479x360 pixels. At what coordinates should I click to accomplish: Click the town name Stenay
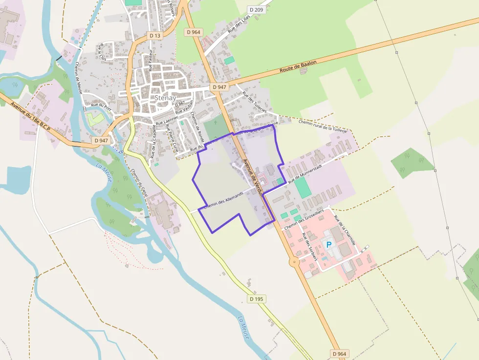click(165, 97)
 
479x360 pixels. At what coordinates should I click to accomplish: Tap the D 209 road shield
click(256, 9)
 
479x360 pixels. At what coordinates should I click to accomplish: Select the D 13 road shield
click(154, 36)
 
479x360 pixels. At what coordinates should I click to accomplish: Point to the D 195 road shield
click(256, 298)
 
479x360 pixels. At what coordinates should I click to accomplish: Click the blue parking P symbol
click(329, 244)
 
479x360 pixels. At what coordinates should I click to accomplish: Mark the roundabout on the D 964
click(294, 262)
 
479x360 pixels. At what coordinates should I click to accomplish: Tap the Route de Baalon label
click(298, 67)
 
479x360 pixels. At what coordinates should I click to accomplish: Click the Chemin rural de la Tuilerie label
click(323, 126)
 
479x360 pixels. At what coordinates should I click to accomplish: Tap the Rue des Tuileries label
click(254, 103)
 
